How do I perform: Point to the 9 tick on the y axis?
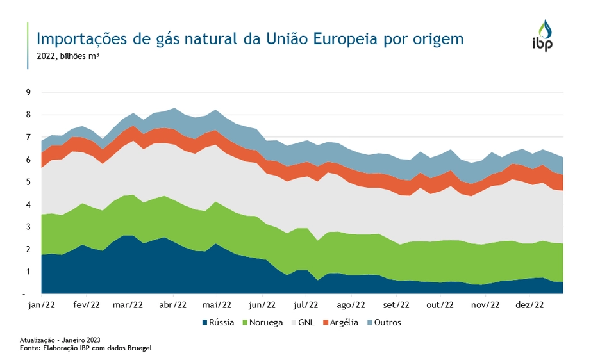coord(28,92)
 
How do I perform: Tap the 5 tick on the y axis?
coord(28,182)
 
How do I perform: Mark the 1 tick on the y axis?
coord(28,272)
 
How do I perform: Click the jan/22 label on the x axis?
coord(42,305)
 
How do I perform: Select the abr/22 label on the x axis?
coord(173,305)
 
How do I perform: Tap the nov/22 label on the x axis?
coord(485,305)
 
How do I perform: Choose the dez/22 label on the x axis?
coord(530,305)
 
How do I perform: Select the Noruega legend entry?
coord(261,322)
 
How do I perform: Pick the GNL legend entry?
coord(303,322)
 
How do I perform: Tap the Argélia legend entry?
coord(340,322)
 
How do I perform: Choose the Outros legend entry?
coord(384,322)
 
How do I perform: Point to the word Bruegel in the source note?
coord(138,347)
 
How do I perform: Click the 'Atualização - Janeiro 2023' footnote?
coord(60,340)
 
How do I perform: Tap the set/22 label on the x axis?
coord(396,305)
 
